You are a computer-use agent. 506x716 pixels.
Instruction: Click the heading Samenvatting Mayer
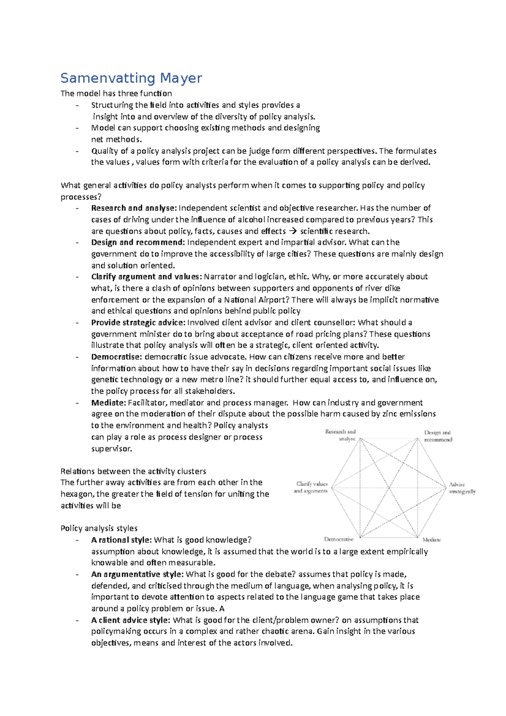tap(131, 78)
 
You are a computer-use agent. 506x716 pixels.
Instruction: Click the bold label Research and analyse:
tap(134, 208)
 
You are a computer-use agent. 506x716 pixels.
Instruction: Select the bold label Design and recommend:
tap(138, 242)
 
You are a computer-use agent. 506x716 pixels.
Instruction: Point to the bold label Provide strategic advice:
tap(138, 323)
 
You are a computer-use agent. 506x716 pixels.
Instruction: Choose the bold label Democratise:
tap(116, 357)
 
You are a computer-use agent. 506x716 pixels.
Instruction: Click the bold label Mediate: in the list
tap(108, 403)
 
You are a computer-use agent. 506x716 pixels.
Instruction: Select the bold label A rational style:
tap(121, 540)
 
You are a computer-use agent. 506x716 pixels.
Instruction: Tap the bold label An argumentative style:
tap(137, 574)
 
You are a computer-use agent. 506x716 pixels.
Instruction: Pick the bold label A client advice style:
tap(131, 620)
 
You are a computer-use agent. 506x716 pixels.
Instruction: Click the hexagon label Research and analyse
tap(341, 435)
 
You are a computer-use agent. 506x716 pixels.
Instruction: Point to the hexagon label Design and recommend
tap(438, 436)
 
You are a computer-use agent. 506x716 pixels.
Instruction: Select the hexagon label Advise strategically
tap(462, 488)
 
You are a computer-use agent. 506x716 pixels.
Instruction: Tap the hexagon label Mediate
tap(431, 540)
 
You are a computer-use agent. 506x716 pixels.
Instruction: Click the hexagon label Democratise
tap(339, 539)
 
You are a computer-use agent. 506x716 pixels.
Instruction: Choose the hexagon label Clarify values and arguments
tap(311, 487)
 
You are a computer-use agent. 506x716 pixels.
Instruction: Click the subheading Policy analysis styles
tap(99, 528)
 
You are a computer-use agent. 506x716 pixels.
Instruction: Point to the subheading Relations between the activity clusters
tap(133, 471)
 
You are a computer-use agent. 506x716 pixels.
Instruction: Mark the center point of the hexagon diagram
tap(389, 488)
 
